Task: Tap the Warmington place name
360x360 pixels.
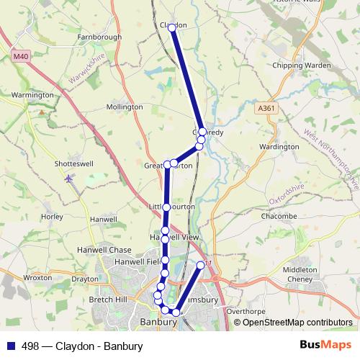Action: [x=32, y=95]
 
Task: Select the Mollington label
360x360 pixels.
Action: [x=124, y=107]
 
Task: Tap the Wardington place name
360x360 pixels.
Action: [x=279, y=147]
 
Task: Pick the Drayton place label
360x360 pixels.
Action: [x=85, y=278]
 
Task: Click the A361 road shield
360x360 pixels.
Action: [x=266, y=108]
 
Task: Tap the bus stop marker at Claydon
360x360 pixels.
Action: [x=172, y=27]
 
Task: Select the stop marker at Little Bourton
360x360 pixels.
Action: [x=166, y=207]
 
